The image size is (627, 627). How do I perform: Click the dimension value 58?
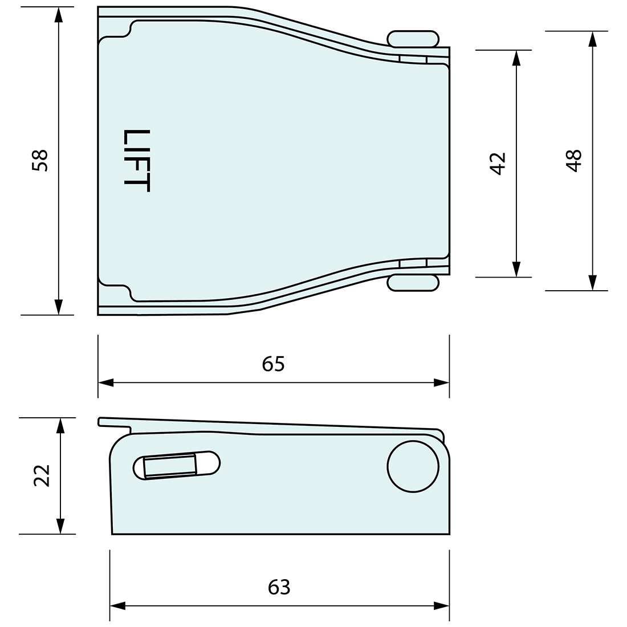click(x=40, y=160)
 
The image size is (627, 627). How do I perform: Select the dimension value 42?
click(x=498, y=164)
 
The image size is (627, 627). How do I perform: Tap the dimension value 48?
click(x=574, y=160)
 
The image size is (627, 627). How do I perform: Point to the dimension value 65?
click(x=273, y=364)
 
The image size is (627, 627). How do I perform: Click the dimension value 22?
click(x=42, y=475)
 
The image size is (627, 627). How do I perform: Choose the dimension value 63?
click(x=279, y=587)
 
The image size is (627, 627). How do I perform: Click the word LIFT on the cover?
click(x=137, y=161)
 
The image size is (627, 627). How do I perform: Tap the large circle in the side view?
click(x=413, y=466)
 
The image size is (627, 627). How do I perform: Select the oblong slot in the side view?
click(x=177, y=465)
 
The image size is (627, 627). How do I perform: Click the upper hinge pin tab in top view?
click(x=413, y=39)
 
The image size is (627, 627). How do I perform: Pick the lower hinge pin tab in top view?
click(x=413, y=283)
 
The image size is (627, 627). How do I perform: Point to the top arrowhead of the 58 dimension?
click(x=58, y=15)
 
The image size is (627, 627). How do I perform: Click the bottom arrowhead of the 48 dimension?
click(x=592, y=283)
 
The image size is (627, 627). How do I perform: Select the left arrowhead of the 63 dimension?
click(x=118, y=606)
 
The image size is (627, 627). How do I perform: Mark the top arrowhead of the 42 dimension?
click(x=516, y=58)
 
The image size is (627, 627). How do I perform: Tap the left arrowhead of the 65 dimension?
click(x=107, y=382)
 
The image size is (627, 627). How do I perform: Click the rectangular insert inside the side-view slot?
click(x=170, y=466)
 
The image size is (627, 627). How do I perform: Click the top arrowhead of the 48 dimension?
click(x=592, y=39)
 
